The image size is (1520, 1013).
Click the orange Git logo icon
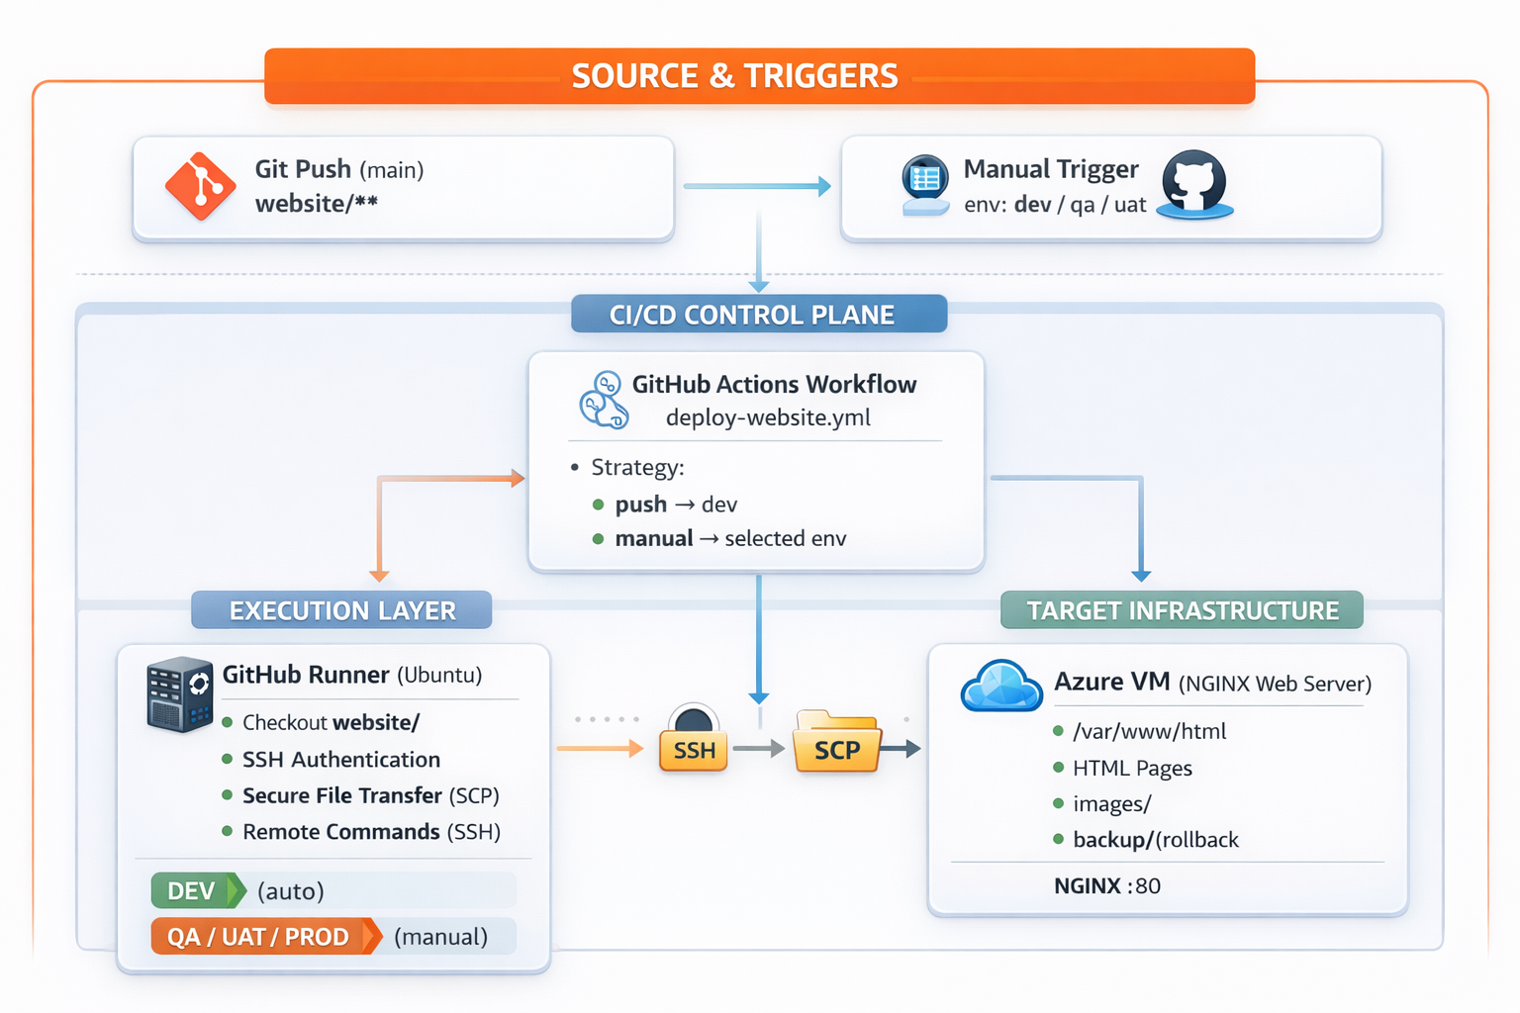[x=201, y=186]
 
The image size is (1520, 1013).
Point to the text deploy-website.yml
[x=768, y=417]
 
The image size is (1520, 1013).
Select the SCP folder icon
[x=836, y=741]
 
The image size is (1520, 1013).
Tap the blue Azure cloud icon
[x=1001, y=687]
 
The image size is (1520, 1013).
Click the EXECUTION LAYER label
[x=341, y=610]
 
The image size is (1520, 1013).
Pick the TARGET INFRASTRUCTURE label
[x=1182, y=610]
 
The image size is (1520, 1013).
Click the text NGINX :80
[x=1106, y=885]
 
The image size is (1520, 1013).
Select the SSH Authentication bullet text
[x=340, y=759]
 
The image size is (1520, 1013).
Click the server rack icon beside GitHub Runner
[x=179, y=694]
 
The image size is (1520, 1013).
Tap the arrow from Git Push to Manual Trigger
[x=757, y=186]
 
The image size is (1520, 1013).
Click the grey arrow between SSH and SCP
[x=758, y=749]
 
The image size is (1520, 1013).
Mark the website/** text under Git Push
[x=316, y=204]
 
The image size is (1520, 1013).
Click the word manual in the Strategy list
[x=653, y=538]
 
